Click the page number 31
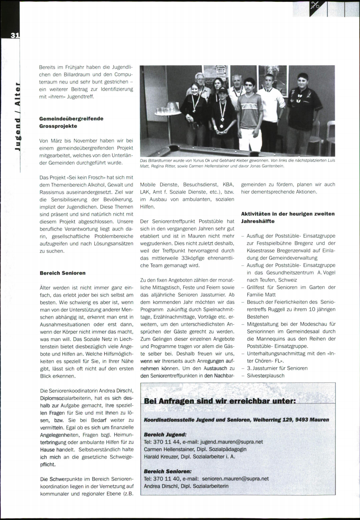[15, 35]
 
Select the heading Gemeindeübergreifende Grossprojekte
[71, 122]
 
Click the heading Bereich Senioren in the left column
[62, 273]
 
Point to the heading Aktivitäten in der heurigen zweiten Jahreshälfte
[287, 218]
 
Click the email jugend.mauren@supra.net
[231, 442]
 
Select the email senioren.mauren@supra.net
[235, 479]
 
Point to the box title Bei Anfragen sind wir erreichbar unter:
[220, 401]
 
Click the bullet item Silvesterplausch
[265, 376]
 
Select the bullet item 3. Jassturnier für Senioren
[277, 368]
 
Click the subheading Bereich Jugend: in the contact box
[165, 434]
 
